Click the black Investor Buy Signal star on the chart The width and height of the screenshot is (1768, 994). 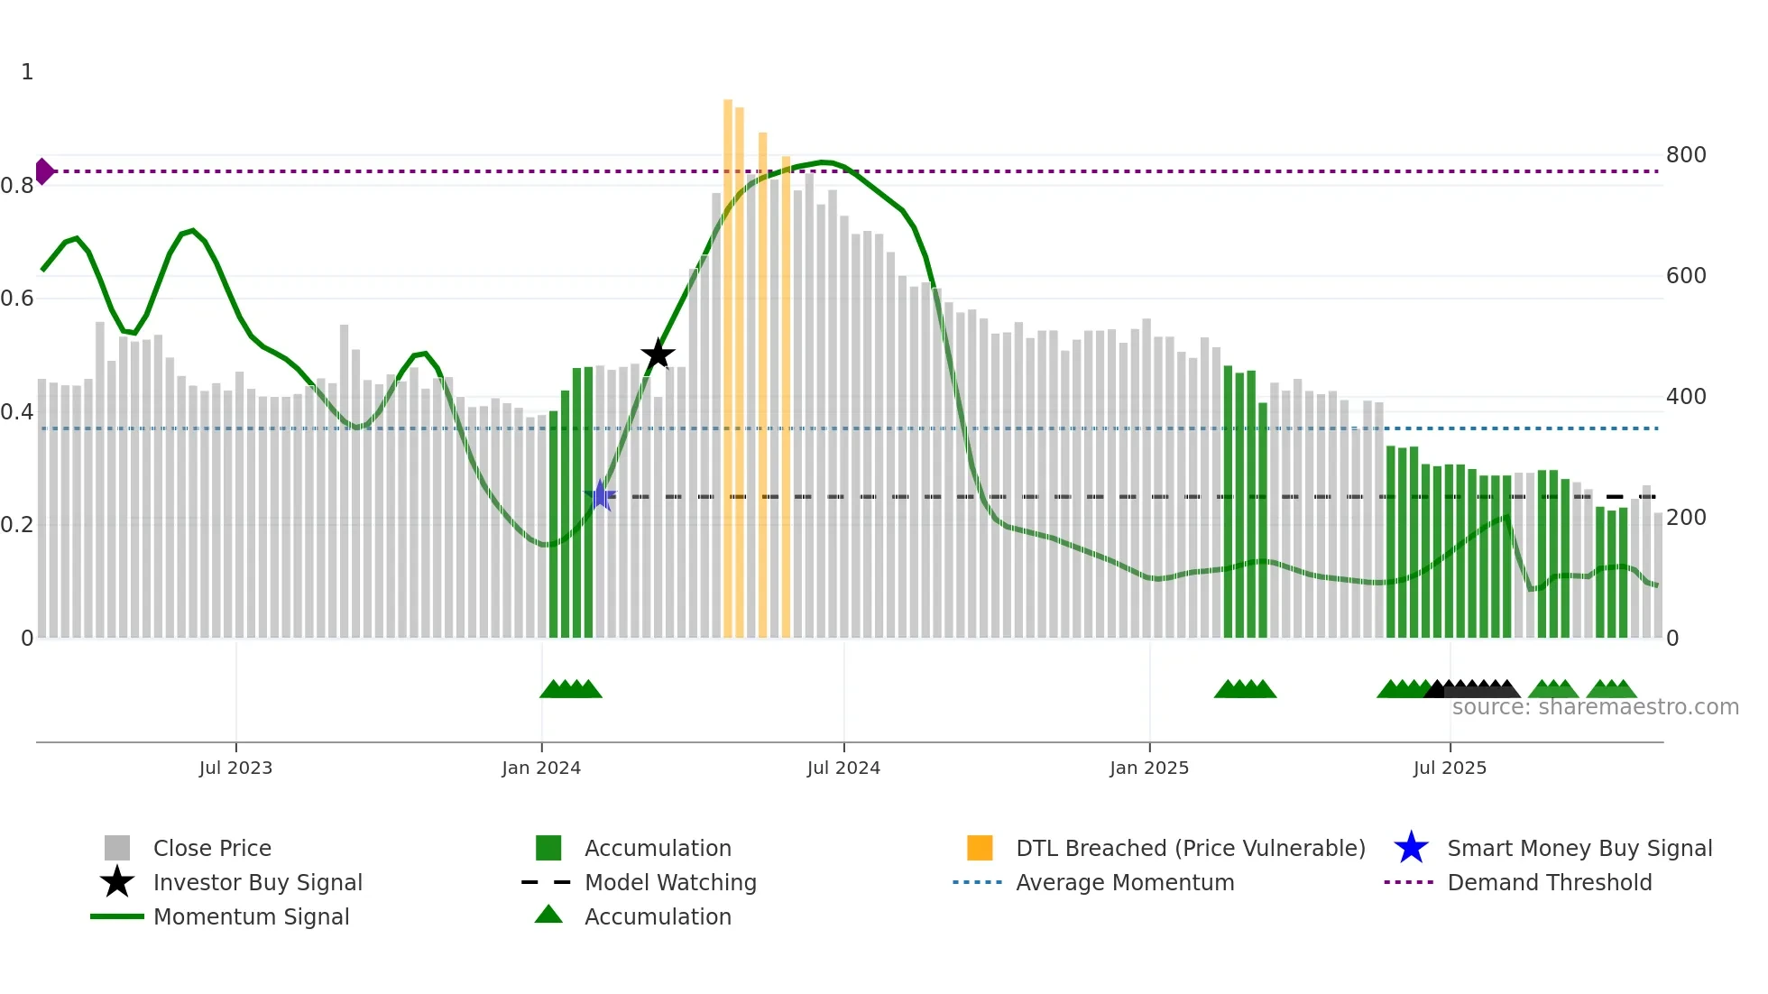pyautogui.click(x=658, y=354)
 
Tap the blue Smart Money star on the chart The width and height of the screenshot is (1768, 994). pyautogui.click(x=600, y=495)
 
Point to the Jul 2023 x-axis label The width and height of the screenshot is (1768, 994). pyautogui.click(x=235, y=768)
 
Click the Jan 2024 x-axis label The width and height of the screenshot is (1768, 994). pyautogui.click(x=541, y=768)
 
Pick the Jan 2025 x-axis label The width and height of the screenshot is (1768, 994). pyautogui.click(x=1149, y=768)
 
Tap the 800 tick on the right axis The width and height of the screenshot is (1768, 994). pyautogui.click(x=1686, y=155)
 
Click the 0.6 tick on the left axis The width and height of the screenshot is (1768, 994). pyautogui.click(x=17, y=299)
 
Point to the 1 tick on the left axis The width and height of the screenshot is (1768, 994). pyautogui.click(x=27, y=72)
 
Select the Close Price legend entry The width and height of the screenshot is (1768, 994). pyautogui.click(x=211, y=848)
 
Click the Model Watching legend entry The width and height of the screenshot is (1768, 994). pyautogui.click(x=670, y=882)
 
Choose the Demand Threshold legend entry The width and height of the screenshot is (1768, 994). pyautogui.click(x=1549, y=882)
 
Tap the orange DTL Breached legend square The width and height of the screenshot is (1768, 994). pyautogui.click(x=980, y=848)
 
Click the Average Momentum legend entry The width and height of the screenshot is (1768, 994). pyautogui.click(x=1124, y=882)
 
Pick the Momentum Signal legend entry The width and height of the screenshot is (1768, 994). pyautogui.click(x=251, y=916)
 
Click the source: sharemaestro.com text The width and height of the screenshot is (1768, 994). pyautogui.click(x=1595, y=707)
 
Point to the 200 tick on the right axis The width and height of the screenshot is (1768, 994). pyautogui.click(x=1686, y=518)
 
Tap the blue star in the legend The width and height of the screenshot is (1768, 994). pyautogui.click(x=1411, y=848)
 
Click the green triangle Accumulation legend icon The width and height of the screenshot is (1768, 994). pyautogui.click(x=548, y=915)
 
